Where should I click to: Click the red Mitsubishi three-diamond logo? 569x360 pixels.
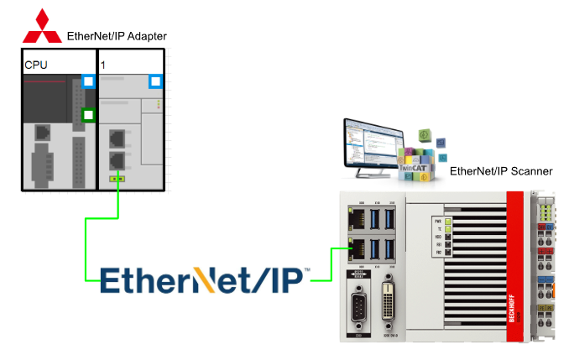[x=41, y=28]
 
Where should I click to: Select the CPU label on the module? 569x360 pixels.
[x=35, y=64]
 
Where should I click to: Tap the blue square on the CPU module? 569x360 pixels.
[x=88, y=82]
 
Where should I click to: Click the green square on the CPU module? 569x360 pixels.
[x=87, y=115]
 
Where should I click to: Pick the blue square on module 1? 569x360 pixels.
[x=154, y=81]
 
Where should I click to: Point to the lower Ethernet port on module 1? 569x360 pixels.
[x=118, y=159]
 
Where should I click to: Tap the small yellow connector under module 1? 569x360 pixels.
[x=118, y=178]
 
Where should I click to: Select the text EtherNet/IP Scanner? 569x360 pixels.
[x=501, y=171]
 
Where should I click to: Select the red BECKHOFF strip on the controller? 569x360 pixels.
[x=513, y=269]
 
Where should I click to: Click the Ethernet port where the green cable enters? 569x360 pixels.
[x=355, y=248]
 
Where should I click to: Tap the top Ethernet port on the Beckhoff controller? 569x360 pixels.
[x=355, y=221]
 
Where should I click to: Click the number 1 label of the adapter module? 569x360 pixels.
[x=103, y=64]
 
